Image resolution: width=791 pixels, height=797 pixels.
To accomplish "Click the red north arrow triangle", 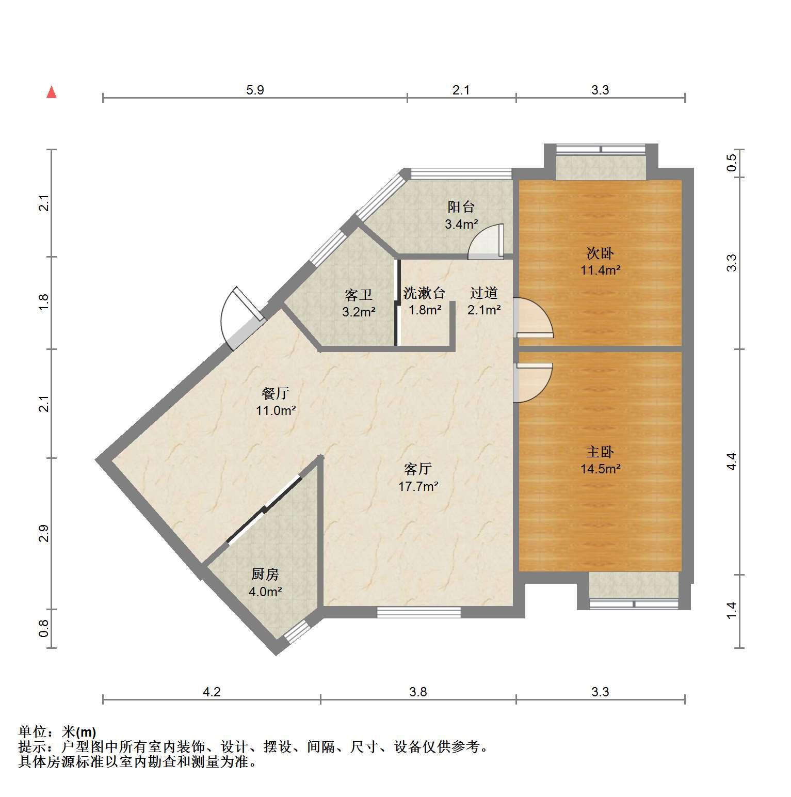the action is point(51,92).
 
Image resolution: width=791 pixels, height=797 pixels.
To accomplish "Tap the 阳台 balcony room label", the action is point(461,208).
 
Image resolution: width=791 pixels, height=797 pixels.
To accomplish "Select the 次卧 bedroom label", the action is point(600,253).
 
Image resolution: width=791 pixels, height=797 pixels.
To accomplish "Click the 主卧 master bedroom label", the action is point(600,452).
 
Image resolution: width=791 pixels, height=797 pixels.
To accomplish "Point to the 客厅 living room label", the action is point(418,469).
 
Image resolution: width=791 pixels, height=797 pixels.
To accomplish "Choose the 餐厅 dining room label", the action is point(276,394).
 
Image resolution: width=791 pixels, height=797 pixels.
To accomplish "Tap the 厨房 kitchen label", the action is point(265,575).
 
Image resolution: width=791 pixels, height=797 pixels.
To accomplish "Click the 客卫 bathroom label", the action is point(359,295).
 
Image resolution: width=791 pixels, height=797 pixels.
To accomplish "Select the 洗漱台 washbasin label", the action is point(424,293).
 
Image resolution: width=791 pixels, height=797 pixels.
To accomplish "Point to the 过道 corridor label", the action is point(484,293).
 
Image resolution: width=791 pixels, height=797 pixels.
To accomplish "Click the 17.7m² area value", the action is point(418,486).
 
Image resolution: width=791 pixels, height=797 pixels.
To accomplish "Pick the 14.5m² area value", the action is point(600,469).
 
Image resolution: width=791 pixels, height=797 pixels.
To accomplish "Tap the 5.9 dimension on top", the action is point(255,90).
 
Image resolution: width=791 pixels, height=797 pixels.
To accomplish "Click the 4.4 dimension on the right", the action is point(731,461).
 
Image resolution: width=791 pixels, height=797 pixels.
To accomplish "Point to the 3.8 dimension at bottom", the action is point(418,692).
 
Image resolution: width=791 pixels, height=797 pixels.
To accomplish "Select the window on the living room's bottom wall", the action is point(419,612).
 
